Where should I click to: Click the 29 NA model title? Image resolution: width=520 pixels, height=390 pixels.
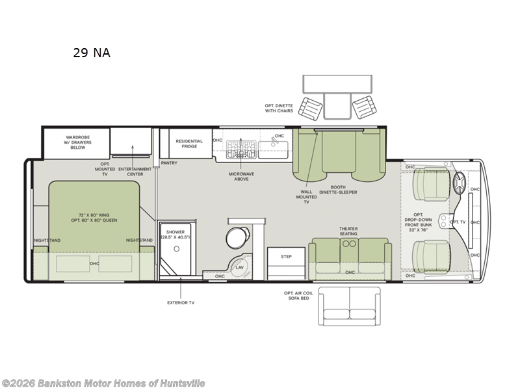[x=92, y=53]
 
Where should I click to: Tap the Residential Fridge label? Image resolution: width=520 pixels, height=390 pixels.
[x=189, y=144]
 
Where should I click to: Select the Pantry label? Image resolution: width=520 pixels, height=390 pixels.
[x=169, y=163]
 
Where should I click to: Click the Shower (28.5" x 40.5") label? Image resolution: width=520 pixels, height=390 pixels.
[x=175, y=235]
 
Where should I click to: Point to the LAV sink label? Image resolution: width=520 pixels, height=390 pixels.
[x=240, y=267]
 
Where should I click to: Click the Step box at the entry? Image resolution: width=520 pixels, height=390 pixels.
[x=286, y=257]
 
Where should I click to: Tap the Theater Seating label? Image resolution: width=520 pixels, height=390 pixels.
[x=348, y=231]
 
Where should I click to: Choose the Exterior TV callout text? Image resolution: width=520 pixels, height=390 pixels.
[x=181, y=302]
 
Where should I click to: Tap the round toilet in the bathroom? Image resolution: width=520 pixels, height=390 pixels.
[x=238, y=235]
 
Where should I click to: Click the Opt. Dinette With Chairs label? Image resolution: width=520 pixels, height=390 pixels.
[x=279, y=108]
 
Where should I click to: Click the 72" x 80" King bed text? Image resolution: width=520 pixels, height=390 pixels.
[x=92, y=216]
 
